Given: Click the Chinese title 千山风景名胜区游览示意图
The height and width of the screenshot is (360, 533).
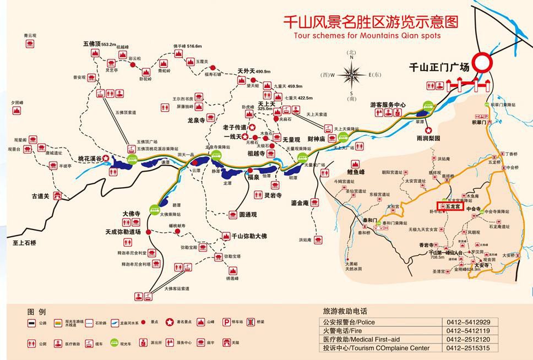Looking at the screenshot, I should click(370, 22).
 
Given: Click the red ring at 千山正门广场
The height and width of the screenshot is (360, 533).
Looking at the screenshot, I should click(487, 62).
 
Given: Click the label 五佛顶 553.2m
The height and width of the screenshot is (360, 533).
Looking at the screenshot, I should click(99, 43).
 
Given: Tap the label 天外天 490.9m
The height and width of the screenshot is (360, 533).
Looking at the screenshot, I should click(254, 71).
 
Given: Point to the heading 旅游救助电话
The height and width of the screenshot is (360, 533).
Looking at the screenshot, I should click(345, 311).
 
